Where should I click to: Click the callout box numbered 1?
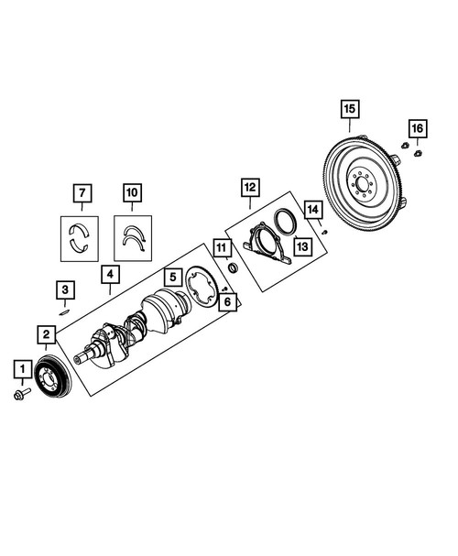[x=23, y=369]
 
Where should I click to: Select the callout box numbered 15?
[x=350, y=109]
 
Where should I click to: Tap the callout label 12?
[x=250, y=187]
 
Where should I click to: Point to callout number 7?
[x=82, y=193]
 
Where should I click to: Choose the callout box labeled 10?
[x=132, y=192]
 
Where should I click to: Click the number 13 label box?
[x=302, y=246]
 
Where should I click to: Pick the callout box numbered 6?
[x=227, y=301]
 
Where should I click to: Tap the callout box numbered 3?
[x=65, y=290]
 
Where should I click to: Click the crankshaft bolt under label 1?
[x=22, y=394]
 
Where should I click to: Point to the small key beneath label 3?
[x=64, y=312]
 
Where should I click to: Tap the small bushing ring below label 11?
[x=233, y=268]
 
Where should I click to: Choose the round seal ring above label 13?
[x=286, y=222]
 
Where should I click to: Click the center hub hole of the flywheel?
[x=362, y=184]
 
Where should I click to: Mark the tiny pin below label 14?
[x=324, y=233]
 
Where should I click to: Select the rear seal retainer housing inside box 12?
[x=267, y=244]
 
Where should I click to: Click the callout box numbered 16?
[x=417, y=128]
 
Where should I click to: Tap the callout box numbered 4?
[x=110, y=275]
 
